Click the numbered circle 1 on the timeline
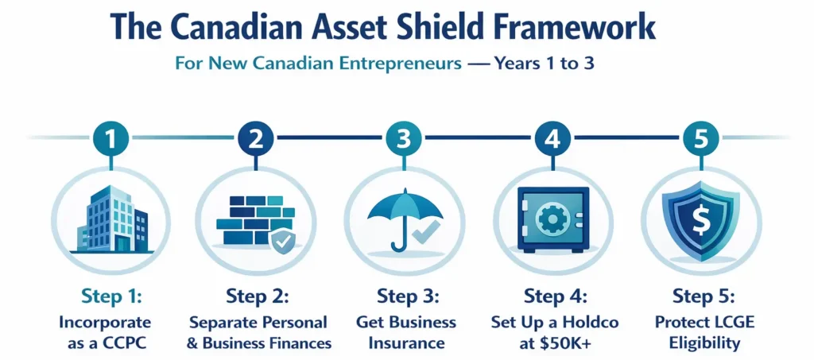pyautogui.click(x=111, y=138)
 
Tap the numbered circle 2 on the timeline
pyautogui.click(x=256, y=138)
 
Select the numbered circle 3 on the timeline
pyautogui.click(x=404, y=138)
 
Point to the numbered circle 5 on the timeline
pyautogui.click(x=700, y=138)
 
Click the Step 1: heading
pyautogui.click(x=111, y=296)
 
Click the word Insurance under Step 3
pyautogui.click(x=407, y=343)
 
